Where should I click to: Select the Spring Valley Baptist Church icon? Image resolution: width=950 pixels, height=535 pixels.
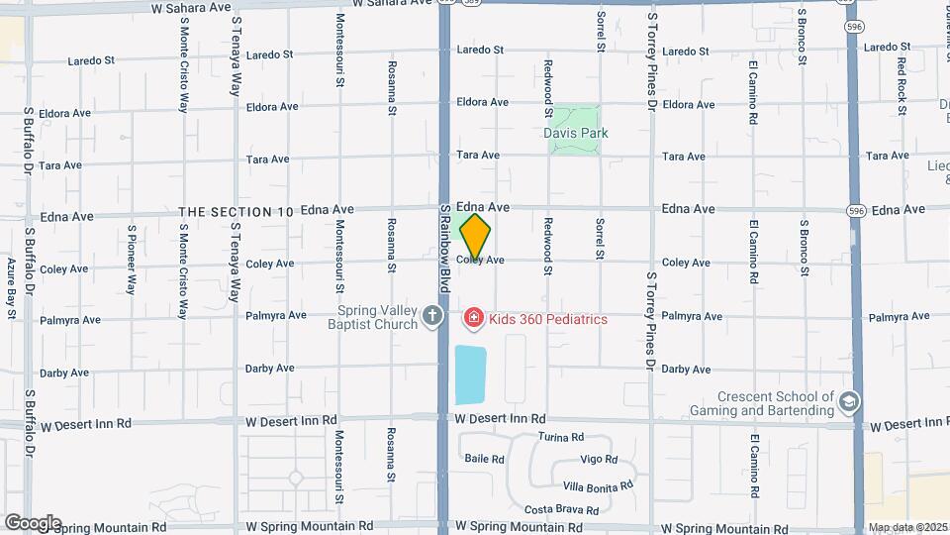click(431, 317)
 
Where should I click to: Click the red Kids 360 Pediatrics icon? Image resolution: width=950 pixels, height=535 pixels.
click(473, 318)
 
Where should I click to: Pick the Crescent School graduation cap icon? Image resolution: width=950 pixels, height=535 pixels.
click(848, 402)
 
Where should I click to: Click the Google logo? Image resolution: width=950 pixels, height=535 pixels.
click(32, 523)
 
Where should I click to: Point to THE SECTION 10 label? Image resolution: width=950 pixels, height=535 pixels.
click(237, 212)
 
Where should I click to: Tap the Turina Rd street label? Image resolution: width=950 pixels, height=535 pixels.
click(561, 437)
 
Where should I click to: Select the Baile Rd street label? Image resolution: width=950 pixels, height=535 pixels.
click(485, 460)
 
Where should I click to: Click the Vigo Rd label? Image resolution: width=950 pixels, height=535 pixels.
click(599, 460)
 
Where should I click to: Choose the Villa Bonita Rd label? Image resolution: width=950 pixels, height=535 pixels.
click(597, 486)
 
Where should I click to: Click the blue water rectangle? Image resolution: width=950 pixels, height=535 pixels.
click(471, 374)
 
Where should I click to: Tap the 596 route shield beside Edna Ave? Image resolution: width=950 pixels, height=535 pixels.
click(857, 210)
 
